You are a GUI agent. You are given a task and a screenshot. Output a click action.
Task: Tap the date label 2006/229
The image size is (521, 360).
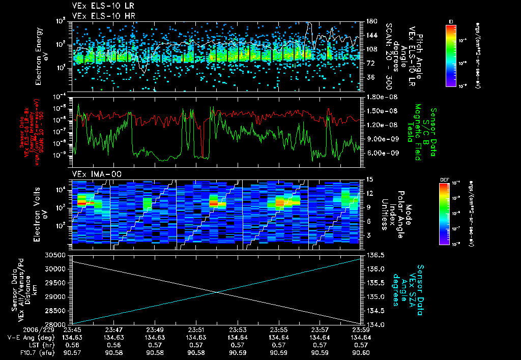pos(22,329)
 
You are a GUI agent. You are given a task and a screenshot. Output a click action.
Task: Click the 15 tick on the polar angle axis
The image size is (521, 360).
pos(367,179)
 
